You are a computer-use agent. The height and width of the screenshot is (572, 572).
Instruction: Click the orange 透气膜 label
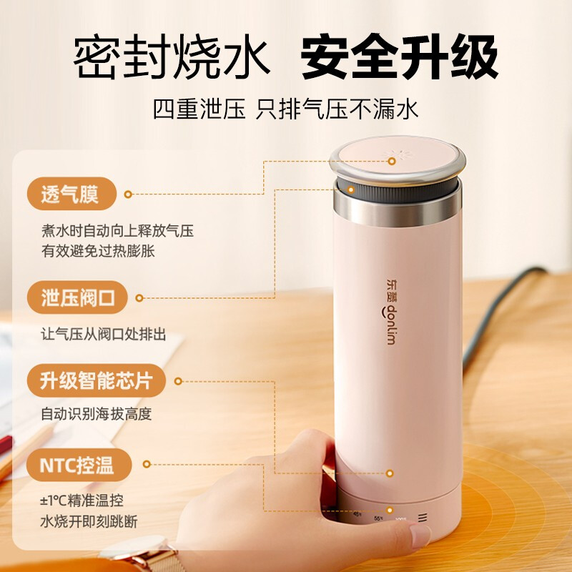69,193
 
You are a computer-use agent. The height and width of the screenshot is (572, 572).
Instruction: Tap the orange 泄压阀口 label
78,297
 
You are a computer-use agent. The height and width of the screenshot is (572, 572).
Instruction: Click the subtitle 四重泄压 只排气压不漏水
285,109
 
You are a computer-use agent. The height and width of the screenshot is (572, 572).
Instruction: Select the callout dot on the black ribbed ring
352,189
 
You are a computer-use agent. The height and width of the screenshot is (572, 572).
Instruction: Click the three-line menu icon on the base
424,518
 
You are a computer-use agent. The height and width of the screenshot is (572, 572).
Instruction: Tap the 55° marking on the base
378,518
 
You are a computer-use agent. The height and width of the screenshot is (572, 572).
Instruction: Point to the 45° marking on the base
357,513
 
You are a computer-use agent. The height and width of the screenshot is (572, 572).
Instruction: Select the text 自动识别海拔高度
97,414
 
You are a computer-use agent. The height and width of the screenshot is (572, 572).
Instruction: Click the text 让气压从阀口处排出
104,333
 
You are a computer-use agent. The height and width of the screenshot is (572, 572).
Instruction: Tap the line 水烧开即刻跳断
89,521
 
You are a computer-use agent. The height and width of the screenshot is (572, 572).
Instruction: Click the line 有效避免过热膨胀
98,251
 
